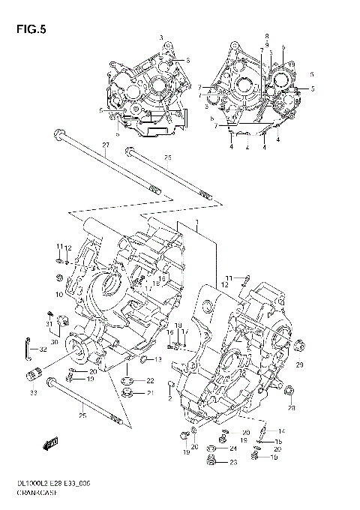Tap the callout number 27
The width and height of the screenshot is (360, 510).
point(105,145)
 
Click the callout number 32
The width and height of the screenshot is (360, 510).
point(42,349)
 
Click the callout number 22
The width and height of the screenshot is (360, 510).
point(149,381)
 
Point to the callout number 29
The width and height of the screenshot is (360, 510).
point(299,364)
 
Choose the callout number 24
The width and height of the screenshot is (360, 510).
point(233,448)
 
